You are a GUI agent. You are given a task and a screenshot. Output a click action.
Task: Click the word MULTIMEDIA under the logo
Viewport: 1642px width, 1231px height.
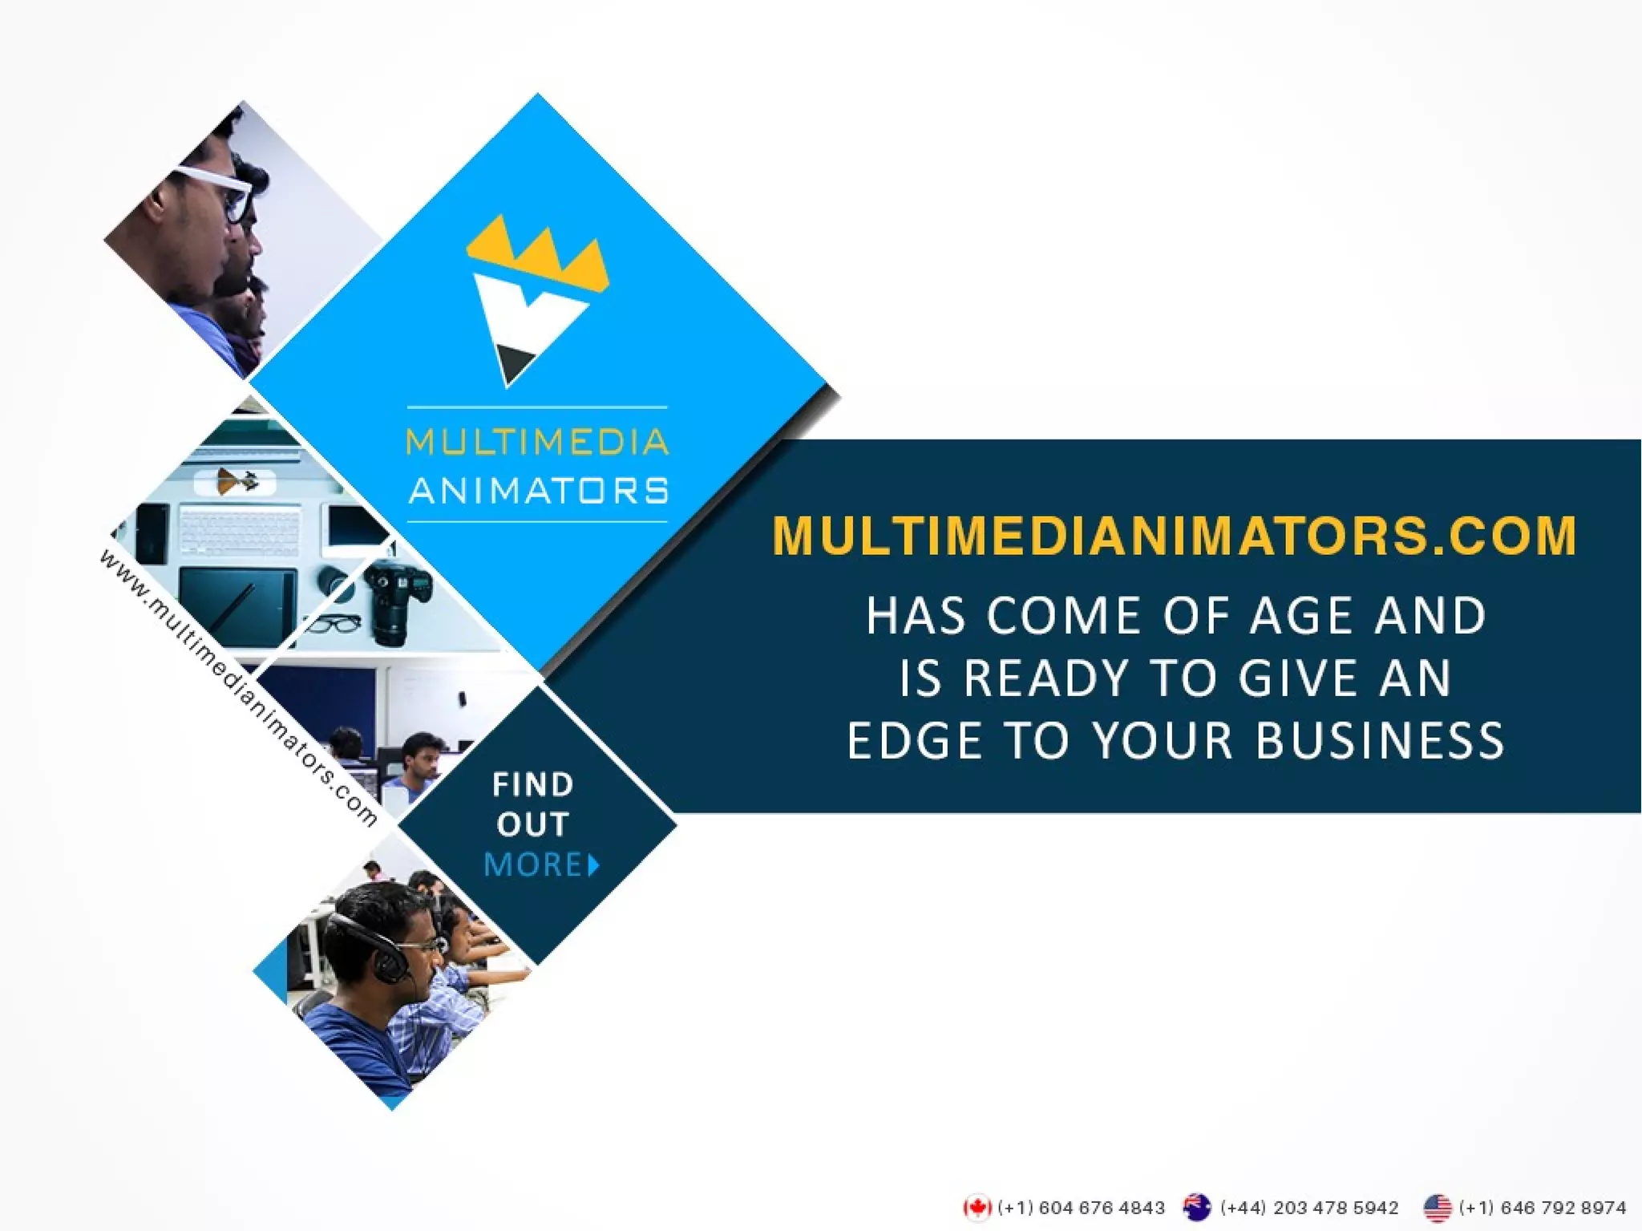point(537,443)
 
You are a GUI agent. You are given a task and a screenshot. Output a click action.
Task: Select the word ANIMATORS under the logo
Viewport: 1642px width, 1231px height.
point(538,490)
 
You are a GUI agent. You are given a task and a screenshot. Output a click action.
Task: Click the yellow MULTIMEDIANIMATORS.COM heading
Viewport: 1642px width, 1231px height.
point(1175,535)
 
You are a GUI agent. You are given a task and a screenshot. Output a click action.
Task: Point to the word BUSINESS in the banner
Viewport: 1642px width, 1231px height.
point(1380,739)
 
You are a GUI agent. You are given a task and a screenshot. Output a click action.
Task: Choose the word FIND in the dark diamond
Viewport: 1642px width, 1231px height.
point(533,784)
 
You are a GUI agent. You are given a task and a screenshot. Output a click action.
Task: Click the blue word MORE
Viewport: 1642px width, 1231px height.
point(533,865)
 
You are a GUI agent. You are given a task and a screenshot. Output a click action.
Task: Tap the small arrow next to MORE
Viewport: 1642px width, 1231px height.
point(594,865)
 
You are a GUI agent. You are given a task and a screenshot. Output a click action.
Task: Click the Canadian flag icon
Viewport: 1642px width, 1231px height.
point(977,1207)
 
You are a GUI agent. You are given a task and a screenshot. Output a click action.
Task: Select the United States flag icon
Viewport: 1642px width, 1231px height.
point(1437,1207)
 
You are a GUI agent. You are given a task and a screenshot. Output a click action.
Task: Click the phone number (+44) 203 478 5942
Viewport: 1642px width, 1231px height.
point(1308,1207)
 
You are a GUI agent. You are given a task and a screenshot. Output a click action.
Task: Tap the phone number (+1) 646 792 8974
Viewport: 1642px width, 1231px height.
point(1543,1207)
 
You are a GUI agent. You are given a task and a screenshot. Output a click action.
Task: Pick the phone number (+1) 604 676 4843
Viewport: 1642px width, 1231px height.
point(1081,1207)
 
